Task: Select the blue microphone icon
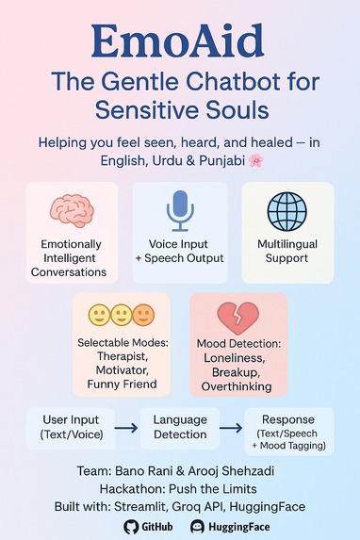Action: click(179, 209)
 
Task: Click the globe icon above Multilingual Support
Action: click(288, 208)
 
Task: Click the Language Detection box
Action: click(180, 427)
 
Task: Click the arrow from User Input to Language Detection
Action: click(125, 428)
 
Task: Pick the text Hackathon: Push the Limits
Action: click(179, 488)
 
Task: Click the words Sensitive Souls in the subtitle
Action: click(180, 109)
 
